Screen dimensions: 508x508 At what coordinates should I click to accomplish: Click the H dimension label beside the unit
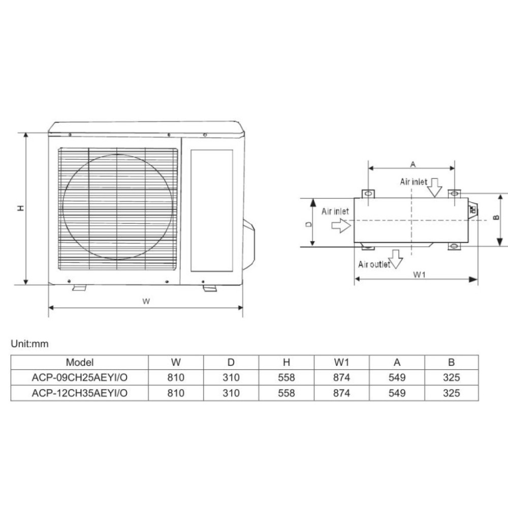point(21,208)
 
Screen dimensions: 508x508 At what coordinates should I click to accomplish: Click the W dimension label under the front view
point(146,301)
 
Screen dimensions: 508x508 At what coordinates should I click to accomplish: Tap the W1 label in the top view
point(419,275)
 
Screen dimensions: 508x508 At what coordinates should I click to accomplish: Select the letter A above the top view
point(412,165)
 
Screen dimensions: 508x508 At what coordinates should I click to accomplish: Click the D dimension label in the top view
point(309,224)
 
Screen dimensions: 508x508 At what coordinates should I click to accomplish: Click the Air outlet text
point(374,264)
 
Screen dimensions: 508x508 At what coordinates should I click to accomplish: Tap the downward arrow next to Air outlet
point(396,259)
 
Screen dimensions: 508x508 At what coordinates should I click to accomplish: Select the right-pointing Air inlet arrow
point(341,225)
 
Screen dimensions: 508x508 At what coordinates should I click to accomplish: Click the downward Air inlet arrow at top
point(435,187)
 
